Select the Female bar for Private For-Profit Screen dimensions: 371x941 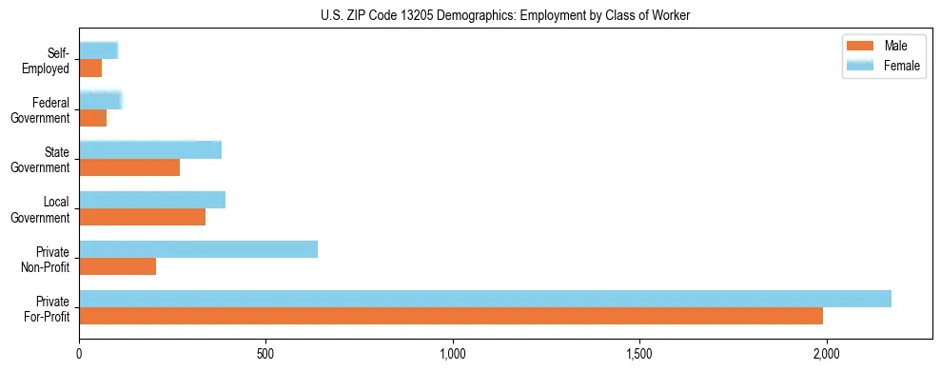tap(485, 299)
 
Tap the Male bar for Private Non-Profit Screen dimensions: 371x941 tap(117, 266)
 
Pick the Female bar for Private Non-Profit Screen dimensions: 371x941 tap(198, 249)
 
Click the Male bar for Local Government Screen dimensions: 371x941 tap(142, 217)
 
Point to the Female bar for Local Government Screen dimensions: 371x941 tap(152, 200)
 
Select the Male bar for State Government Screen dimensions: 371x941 tap(129, 167)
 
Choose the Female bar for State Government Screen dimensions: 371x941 tap(150, 150)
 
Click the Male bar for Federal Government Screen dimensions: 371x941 tap(92, 118)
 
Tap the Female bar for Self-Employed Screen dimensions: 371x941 tap(98, 50)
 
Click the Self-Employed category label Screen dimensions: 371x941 tap(49, 60)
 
